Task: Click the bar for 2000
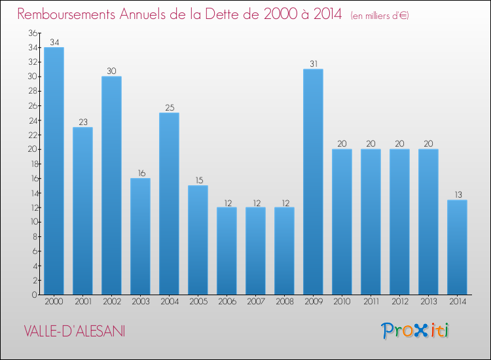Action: pos(54,171)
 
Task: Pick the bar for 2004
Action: pos(169,204)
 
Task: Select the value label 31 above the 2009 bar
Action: pos(313,64)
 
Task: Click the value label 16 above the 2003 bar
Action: pos(140,173)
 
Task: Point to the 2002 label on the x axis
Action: pos(111,302)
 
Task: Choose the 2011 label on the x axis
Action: pos(371,302)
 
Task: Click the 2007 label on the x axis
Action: pos(255,302)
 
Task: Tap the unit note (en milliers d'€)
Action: pos(380,15)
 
